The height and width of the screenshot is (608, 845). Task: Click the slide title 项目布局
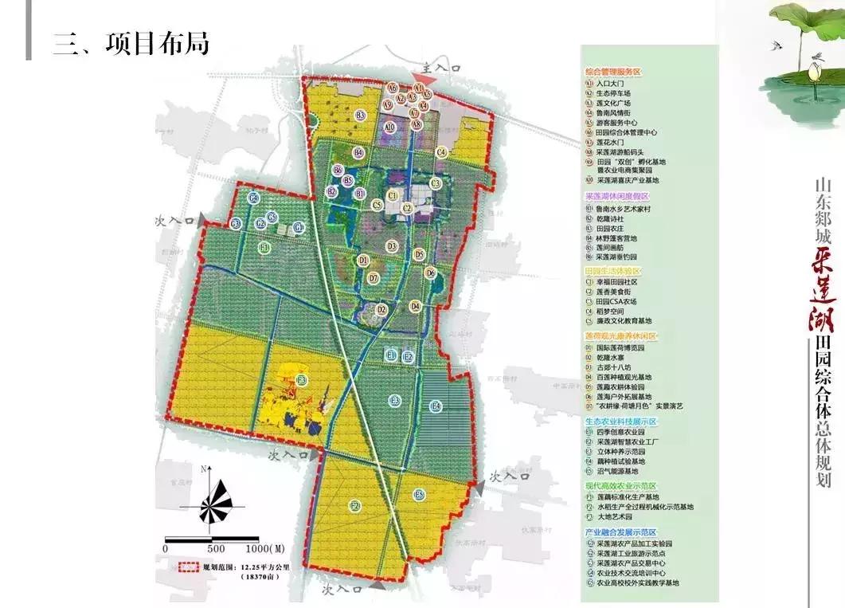coord(131,42)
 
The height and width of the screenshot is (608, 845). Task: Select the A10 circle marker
coord(390,127)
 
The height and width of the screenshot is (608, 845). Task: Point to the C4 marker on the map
coord(442,152)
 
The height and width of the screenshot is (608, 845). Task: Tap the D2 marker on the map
coord(381,309)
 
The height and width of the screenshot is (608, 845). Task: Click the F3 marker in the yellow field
coord(302,380)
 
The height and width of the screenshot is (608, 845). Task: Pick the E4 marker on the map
coord(436,407)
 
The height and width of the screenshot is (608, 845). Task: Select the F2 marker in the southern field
coord(355,505)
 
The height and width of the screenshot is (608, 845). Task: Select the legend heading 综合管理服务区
coord(612,72)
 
